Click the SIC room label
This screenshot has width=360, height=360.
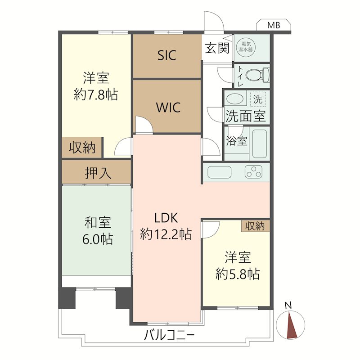167,55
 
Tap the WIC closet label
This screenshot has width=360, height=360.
168,107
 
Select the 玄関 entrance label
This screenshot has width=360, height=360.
217,48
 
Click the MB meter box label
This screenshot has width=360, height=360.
274,25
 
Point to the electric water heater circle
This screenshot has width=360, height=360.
246,47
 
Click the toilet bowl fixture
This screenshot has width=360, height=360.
257,75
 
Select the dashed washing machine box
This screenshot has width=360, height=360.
258,99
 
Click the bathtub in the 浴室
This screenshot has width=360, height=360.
260,144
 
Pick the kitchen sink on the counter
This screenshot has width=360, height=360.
219,172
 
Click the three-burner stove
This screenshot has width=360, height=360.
253,172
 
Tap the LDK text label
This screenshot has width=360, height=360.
166,218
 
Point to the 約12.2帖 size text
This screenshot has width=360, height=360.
166,234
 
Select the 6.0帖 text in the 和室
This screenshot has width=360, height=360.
98,239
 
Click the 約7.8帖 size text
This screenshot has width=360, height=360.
96,94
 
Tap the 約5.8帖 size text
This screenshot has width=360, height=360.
238,274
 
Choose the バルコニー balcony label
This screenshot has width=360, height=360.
169,335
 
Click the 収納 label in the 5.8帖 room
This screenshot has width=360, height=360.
255,226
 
